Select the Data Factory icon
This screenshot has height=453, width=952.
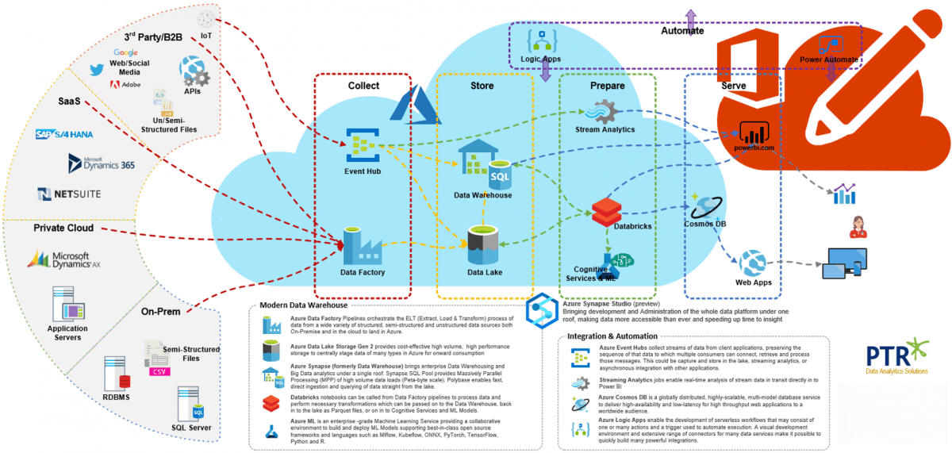click(362, 245)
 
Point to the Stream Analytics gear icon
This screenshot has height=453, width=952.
click(605, 110)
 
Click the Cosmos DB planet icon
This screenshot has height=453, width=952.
click(704, 207)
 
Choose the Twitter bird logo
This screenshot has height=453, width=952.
click(98, 70)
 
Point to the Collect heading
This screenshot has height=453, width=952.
click(363, 86)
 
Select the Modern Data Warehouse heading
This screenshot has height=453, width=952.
click(303, 305)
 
